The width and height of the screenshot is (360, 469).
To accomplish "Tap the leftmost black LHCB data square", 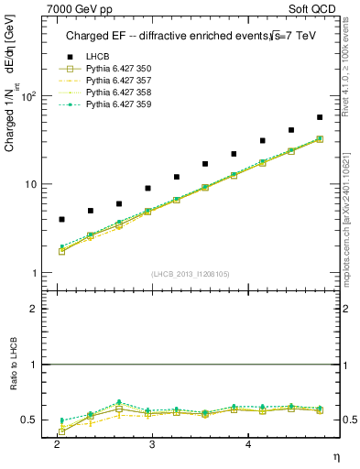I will [61, 220].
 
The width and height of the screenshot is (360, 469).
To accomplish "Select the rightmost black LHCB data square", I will [320, 117].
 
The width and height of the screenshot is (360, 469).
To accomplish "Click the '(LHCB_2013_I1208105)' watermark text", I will [191, 273].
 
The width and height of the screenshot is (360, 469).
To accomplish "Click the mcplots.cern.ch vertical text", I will [344, 220].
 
